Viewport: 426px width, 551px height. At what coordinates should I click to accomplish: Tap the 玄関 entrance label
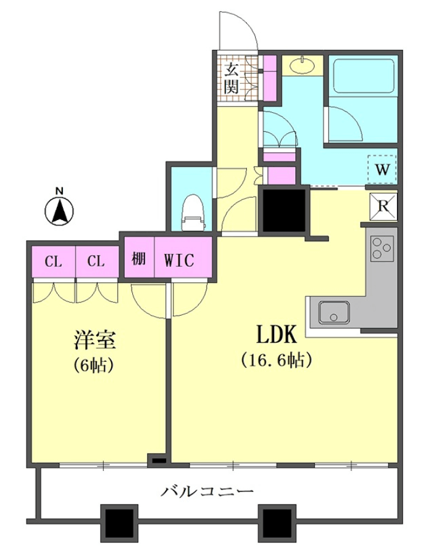coord(232,78)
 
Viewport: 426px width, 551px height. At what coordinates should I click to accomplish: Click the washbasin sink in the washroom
coord(303,65)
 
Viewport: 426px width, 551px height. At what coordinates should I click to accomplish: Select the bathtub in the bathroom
coord(363,76)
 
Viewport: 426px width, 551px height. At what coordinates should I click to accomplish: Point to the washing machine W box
coord(382,169)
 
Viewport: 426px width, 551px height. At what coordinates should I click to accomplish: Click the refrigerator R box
coord(383,206)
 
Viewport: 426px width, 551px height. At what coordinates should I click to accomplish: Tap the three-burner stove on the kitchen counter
coord(382,248)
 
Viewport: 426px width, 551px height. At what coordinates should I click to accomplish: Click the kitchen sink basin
coord(334,312)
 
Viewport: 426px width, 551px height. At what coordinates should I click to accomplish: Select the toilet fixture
coord(192,214)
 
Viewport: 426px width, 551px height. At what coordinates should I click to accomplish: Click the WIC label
coord(179,260)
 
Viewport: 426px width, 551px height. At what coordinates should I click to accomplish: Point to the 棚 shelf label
coord(139,259)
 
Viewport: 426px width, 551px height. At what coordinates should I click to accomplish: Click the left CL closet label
coord(53,261)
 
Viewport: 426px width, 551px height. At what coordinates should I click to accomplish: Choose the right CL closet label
coord(96,261)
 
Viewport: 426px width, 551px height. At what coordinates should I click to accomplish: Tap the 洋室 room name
coord(94,340)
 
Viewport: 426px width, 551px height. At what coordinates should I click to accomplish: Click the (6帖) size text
coord(93,365)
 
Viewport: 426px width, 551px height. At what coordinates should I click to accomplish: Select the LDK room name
coord(276,335)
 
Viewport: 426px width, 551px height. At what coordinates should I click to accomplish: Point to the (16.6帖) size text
coord(277,360)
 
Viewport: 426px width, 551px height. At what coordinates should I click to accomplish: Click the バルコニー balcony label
coord(207,491)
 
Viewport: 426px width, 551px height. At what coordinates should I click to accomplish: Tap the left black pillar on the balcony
coord(119,520)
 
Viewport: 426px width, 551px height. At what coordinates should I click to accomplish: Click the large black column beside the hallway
coord(284,211)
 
